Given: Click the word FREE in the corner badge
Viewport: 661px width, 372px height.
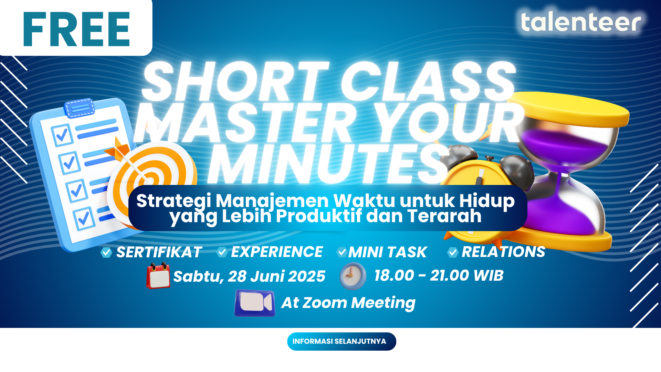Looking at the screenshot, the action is tap(76, 29).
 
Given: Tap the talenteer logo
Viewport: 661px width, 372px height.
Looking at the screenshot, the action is tap(581, 21).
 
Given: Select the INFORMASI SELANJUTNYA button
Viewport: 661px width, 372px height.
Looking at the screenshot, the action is tap(342, 341).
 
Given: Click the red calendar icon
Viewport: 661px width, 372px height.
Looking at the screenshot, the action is tap(158, 276).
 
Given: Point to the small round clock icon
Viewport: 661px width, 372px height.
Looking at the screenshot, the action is tap(353, 276).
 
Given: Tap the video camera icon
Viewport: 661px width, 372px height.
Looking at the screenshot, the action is tap(255, 303).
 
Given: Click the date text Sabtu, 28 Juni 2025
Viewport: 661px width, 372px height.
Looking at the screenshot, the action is tap(249, 276).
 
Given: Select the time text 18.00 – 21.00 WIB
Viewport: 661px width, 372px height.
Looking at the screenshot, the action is tap(439, 275).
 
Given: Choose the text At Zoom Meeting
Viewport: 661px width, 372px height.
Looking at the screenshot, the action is tap(348, 303).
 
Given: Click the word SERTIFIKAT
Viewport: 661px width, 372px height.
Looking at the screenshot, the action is tap(159, 252).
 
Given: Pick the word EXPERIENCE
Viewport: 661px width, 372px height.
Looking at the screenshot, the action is tap(277, 252).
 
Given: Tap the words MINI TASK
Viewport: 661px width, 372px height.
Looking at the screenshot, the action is tap(388, 252).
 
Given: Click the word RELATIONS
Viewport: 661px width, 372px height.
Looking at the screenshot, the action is tap(503, 252).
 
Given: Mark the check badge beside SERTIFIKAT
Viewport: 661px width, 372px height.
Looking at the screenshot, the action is tap(106, 252).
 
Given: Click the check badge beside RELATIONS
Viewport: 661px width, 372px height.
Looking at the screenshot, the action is tap(453, 252).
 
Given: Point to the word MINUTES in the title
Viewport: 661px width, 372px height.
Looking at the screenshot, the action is tap(329, 164).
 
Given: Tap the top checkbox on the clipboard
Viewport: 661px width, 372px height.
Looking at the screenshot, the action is tap(62, 135).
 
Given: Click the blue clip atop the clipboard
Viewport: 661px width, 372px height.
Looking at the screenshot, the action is tap(80, 108).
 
